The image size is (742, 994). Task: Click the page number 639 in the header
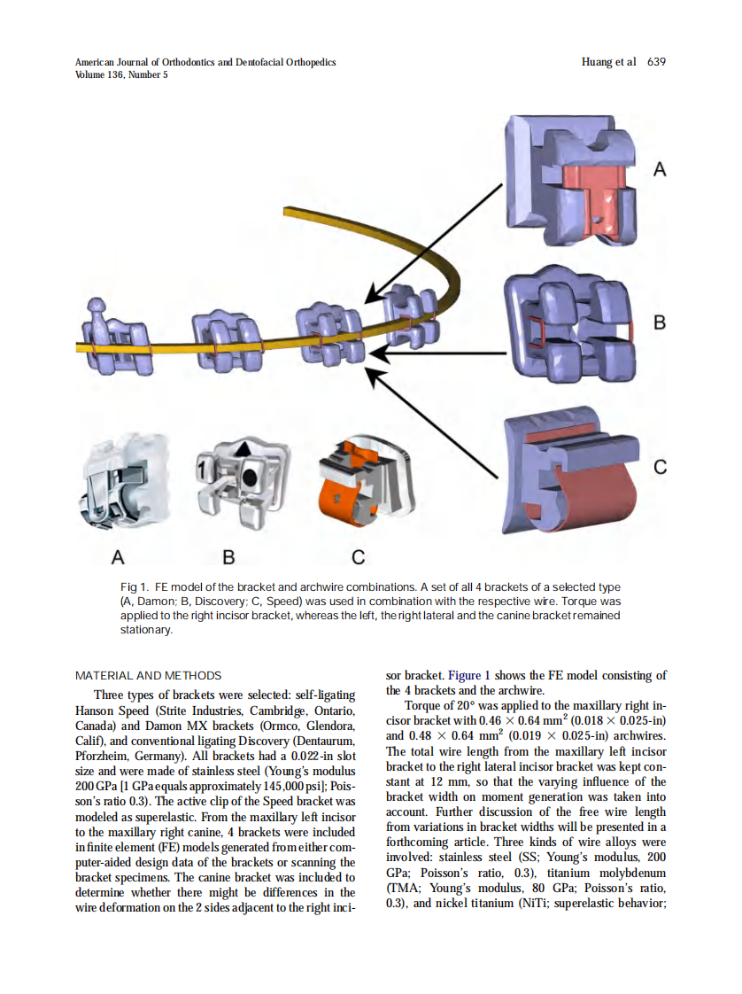pyautogui.click(x=656, y=62)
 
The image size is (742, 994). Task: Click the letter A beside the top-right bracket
pyautogui.click(x=659, y=169)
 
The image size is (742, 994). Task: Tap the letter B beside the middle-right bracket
pyautogui.click(x=659, y=322)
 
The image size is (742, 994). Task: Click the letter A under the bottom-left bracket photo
pyautogui.click(x=117, y=557)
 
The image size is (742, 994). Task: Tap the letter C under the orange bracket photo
pyautogui.click(x=358, y=557)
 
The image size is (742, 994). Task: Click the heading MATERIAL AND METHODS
pyautogui.click(x=148, y=675)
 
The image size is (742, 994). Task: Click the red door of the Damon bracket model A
pyautogui.click(x=595, y=193)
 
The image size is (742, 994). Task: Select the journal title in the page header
pyautogui.click(x=205, y=62)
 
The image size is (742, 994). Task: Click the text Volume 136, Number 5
pyautogui.click(x=121, y=74)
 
